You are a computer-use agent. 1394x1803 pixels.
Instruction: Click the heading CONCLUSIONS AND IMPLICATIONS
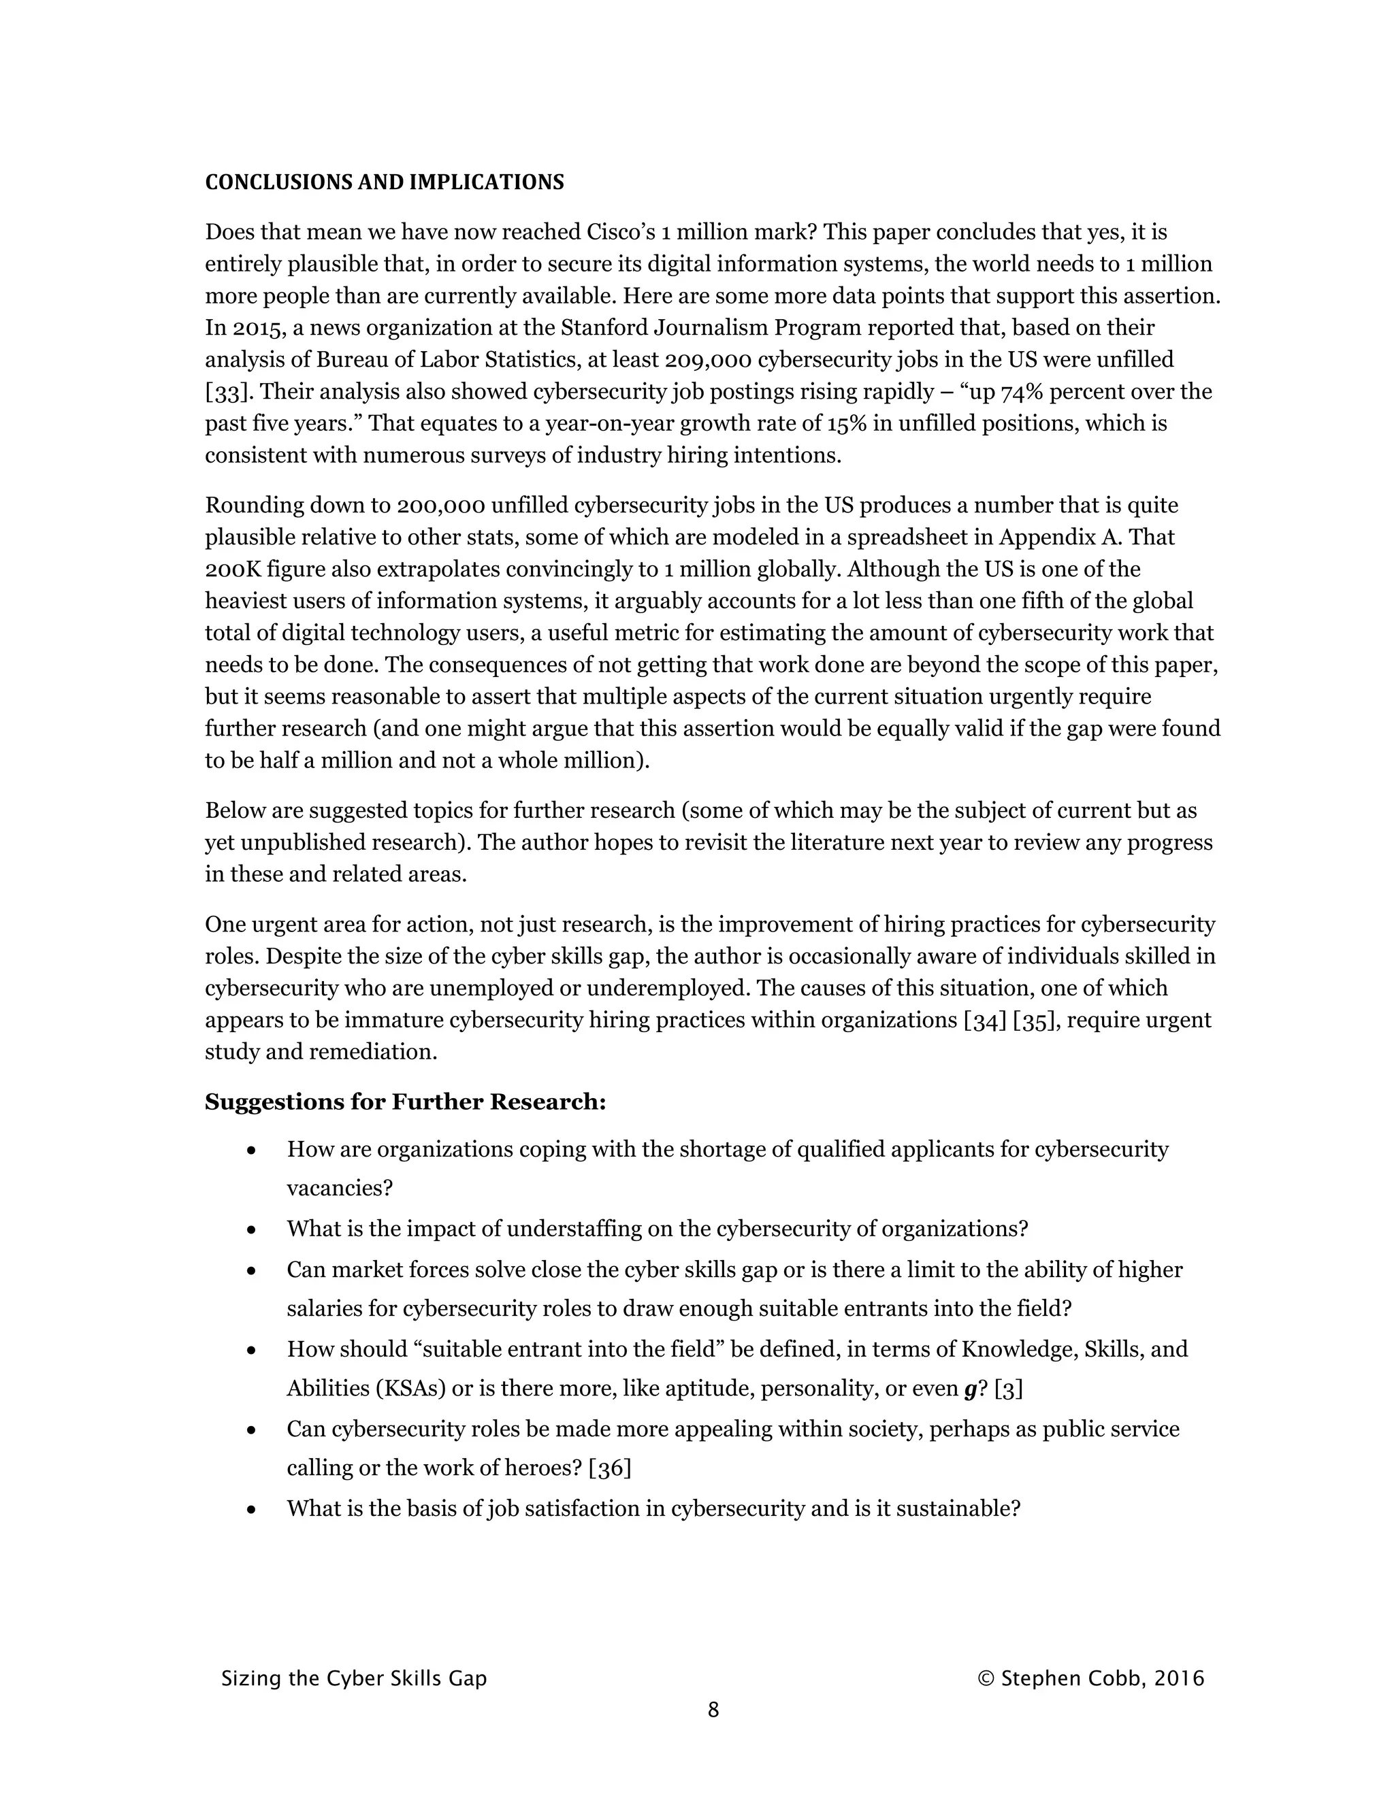click(x=384, y=182)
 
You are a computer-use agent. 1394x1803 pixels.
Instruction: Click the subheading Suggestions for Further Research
click(x=405, y=1102)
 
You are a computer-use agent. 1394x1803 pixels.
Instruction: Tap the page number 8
click(x=713, y=1710)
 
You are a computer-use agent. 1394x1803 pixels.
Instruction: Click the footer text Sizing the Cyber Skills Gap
click(x=353, y=1678)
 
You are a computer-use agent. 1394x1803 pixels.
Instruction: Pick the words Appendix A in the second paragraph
click(x=1060, y=537)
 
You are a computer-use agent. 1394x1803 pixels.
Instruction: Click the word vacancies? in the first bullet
click(x=340, y=1189)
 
